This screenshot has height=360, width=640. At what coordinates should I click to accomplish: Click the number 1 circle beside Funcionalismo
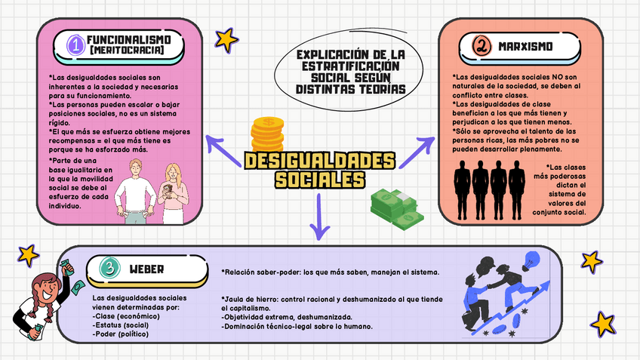point(75,45)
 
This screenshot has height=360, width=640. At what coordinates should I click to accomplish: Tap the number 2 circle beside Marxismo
point(481,47)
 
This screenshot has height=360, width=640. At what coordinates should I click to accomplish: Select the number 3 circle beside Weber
point(110,268)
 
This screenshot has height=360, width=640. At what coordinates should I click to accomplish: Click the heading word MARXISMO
point(525,47)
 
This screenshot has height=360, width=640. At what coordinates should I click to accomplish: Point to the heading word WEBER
point(146,269)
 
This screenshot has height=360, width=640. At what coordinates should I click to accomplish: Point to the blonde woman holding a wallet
point(174,192)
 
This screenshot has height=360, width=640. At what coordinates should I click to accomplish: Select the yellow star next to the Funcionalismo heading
point(226,38)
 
